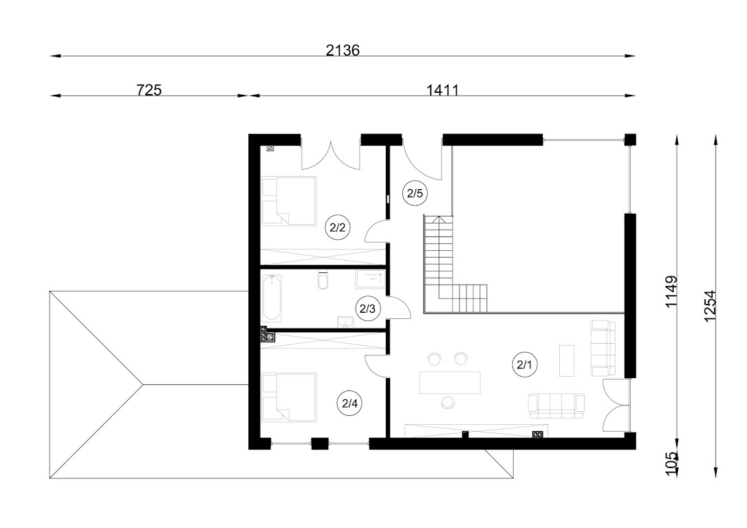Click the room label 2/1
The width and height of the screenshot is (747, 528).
point(524,365)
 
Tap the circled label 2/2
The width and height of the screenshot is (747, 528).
point(337,228)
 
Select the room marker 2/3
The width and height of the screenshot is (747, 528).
point(367,309)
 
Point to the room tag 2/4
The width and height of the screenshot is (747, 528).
point(349,404)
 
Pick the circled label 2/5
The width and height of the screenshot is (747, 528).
point(415,193)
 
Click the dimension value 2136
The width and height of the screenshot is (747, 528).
point(343,50)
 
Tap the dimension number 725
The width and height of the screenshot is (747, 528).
point(149,90)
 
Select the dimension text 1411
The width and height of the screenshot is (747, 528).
point(442,90)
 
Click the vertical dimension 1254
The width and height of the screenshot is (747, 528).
point(709,306)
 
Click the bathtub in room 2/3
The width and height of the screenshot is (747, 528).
point(272,298)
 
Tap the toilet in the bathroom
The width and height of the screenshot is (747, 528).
point(323,280)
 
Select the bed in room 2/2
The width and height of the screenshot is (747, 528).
point(289,201)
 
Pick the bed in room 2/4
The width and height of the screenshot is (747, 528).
point(289,397)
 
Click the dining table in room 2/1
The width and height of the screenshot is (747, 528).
point(450,382)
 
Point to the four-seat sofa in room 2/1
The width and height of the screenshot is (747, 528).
point(556,406)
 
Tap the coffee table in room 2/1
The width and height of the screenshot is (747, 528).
point(567,360)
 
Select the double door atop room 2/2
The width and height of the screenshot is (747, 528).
point(329,156)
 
